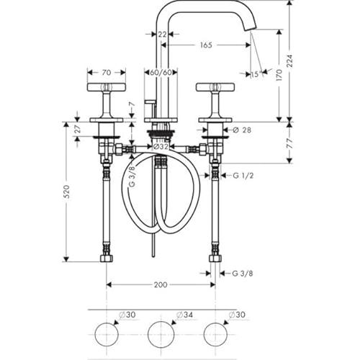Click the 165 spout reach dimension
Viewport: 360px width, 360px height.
pyautogui.click(x=206, y=45)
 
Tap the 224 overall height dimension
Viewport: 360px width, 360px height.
pyautogui.click(x=290, y=60)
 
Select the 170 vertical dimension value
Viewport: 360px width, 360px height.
pyautogui.click(x=279, y=75)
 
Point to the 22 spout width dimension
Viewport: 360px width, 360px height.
pyautogui.click(x=162, y=35)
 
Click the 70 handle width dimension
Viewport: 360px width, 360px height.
pyautogui.click(x=107, y=72)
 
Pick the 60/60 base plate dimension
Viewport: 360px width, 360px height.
pyautogui.click(x=161, y=72)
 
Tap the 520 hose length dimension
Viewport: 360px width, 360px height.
pyautogui.click(x=67, y=192)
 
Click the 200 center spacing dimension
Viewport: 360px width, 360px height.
pyautogui.click(x=161, y=284)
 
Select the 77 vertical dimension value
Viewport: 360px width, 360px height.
pyautogui.click(x=290, y=143)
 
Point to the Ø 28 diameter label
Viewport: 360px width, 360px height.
pyautogui.click(x=242, y=130)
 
